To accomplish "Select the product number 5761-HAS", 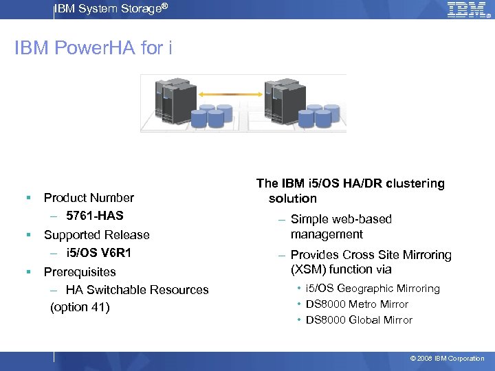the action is [x=95, y=216].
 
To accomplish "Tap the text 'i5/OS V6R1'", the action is [x=99, y=253].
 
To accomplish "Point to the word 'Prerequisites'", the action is [x=80, y=271].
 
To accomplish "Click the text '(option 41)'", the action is [x=80, y=307].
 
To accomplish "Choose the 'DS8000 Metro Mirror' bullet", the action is [x=357, y=304].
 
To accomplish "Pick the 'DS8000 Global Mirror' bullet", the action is [x=359, y=320].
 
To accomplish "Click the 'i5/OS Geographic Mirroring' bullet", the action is [x=372, y=289].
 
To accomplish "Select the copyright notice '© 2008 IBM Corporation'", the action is [x=447, y=359].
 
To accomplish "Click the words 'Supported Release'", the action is [x=96, y=235].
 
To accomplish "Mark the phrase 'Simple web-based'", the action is [x=341, y=219].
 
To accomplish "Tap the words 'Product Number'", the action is [x=89, y=198].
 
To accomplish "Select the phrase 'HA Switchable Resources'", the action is [x=137, y=289].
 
